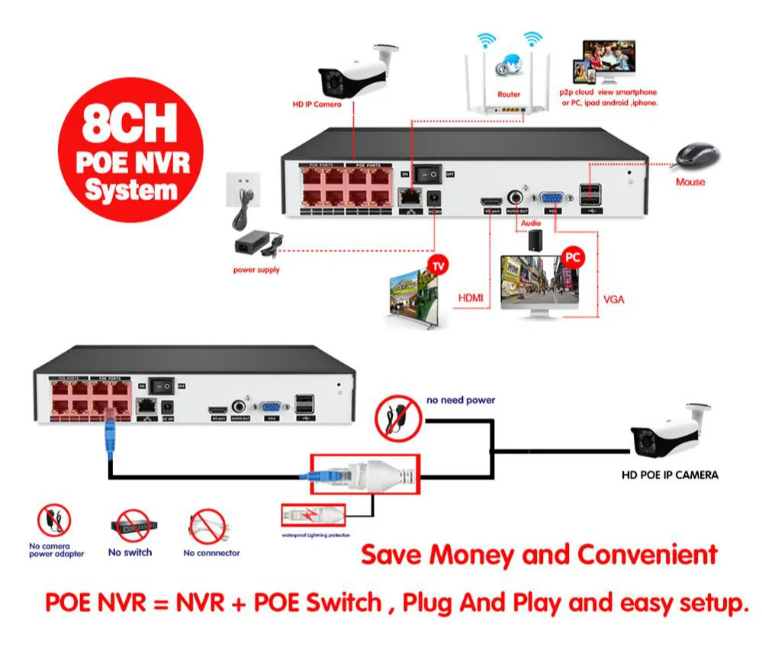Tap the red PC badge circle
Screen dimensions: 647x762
click(x=572, y=257)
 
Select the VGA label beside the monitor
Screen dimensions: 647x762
click(x=612, y=299)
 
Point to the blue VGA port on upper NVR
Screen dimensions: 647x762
click(x=551, y=198)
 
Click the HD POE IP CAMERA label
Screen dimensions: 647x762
click(x=670, y=475)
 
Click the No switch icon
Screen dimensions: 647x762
click(x=130, y=526)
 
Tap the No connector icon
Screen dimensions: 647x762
click(x=207, y=526)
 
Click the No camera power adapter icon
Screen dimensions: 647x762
click(x=55, y=521)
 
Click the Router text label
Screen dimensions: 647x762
click(x=509, y=95)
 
